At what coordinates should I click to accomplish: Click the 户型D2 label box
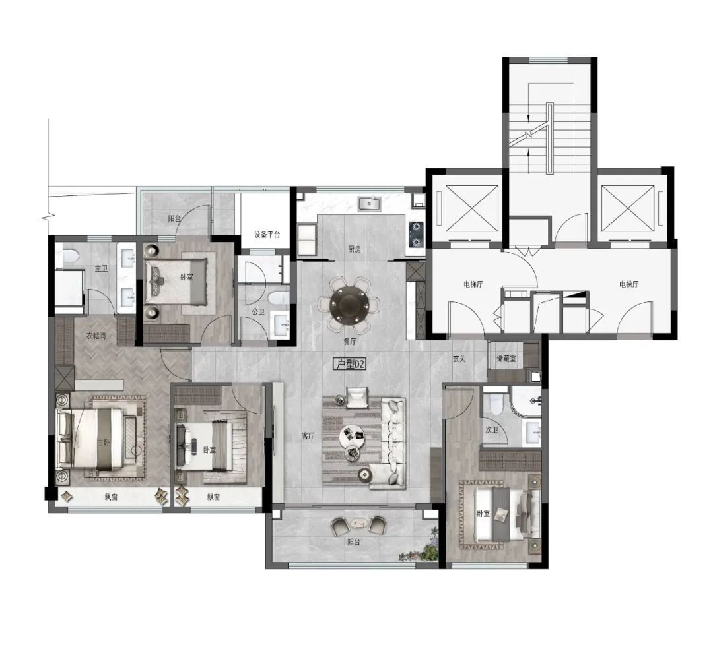pos(349,364)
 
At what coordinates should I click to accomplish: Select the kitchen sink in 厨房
pos(369,204)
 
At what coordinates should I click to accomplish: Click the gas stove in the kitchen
pos(416,234)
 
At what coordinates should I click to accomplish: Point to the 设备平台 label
pos(267,235)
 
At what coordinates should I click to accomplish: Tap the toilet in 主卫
pos(69,257)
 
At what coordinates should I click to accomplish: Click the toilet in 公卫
pos(278,298)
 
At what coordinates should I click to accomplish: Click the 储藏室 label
pos(506,359)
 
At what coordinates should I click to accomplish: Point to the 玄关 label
pos(459,359)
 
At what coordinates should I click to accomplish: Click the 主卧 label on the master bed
pos(103,443)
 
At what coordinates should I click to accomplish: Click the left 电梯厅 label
pos(473,284)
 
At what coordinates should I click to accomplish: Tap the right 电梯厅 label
pos(629,284)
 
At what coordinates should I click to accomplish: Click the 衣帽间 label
pos(96,336)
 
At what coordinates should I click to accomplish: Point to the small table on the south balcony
pos(359,524)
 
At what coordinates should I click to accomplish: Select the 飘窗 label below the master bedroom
pos(112,497)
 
